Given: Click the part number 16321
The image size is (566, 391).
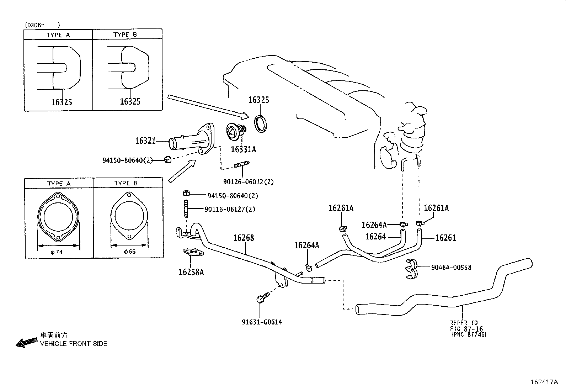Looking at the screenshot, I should click(x=145, y=141).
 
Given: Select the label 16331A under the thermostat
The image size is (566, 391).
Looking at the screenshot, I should click(x=243, y=149).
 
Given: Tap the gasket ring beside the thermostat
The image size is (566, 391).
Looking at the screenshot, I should click(x=262, y=123).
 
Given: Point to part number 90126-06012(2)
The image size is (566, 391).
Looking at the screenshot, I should click(x=249, y=182).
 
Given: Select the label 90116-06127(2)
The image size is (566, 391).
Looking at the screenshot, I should click(x=230, y=209).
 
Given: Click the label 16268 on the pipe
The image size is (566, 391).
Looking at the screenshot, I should click(x=244, y=238).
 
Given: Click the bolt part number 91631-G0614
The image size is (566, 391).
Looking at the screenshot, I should click(x=262, y=322).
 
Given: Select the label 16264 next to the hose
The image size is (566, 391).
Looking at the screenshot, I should click(x=375, y=237).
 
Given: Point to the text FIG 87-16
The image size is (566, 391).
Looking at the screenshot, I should click(x=466, y=329).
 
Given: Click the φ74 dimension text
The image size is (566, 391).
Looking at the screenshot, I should click(x=56, y=252).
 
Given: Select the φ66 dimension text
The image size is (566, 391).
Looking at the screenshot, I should click(x=129, y=252).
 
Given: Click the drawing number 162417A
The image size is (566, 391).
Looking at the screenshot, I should click(x=544, y=382).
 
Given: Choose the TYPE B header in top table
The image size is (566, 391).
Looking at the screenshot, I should click(x=125, y=35).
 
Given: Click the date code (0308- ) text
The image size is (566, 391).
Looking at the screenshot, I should click(x=42, y=25).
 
